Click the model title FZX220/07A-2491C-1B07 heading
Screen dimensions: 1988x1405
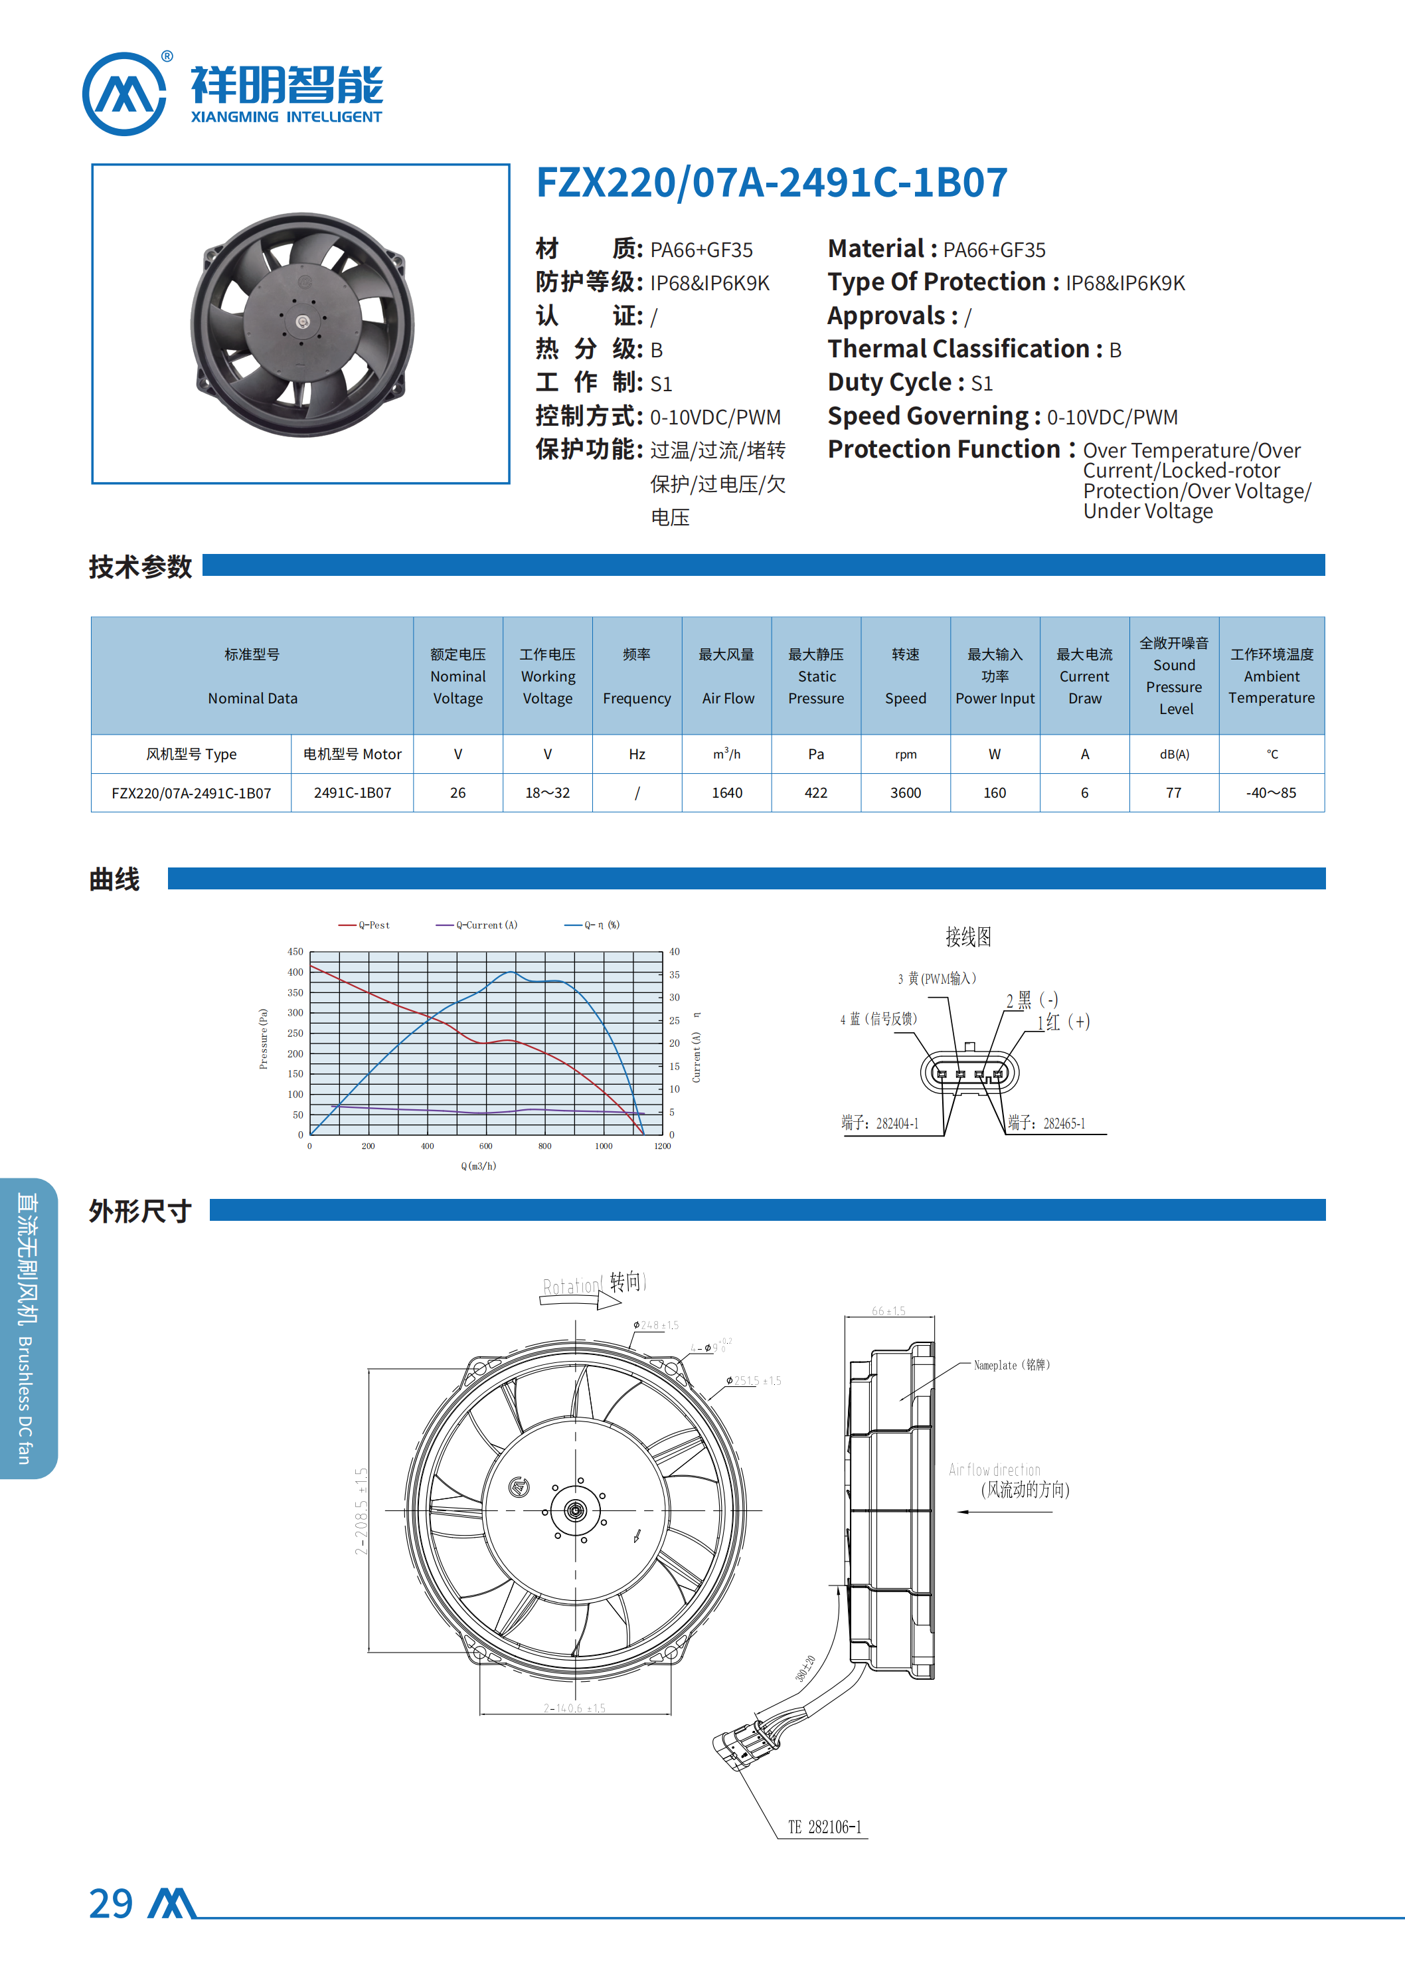coord(772,183)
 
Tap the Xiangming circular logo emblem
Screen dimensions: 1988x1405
coord(124,94)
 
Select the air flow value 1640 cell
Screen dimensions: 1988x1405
coord(726,792)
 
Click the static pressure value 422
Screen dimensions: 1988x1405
coord(815,792)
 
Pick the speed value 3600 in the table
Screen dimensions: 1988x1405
coord(906,792)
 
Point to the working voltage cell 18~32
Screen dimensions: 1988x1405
coord(547,792)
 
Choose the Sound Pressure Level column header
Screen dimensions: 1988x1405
coord(1174,676)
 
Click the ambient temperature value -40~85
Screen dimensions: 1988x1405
coord(1271,792)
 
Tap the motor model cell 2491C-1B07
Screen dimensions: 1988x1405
coord(353,792)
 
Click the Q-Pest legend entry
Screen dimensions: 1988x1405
coord(365,925)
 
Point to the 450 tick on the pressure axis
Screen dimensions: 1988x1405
coord(295,952)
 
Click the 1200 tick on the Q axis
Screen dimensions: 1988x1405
coord(662,1146)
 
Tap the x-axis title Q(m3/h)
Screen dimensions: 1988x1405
coord(479,1166)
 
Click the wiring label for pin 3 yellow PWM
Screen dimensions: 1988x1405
coord(937,978)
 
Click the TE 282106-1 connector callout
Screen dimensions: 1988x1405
coord(824,1827)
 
